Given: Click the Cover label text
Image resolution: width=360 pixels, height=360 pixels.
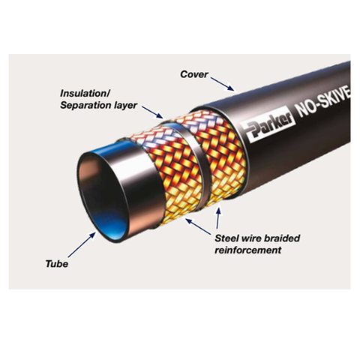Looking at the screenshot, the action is click(x=194, y=74).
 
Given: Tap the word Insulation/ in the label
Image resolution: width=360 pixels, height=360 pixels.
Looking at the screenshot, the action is click(x=85, y=94).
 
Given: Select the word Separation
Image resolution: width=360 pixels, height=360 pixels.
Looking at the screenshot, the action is click(x=85, y=105).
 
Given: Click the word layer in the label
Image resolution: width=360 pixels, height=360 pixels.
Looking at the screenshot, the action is click(x=126, y=105).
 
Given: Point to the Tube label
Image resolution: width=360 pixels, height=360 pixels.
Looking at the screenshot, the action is click(x=57, y=264).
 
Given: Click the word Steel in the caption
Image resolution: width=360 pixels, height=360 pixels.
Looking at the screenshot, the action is click(x=226, y=238).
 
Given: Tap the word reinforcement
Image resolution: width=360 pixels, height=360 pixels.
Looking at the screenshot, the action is click(x=248, y=250).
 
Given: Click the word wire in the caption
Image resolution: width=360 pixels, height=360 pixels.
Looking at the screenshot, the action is click(x=251, y=238).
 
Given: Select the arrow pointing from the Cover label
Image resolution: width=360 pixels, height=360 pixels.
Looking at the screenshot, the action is click(x=222, y=84).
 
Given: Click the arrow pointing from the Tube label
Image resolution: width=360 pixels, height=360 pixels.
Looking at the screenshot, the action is click(x=82, y=244).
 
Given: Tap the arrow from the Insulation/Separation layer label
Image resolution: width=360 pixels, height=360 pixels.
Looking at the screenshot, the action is click(x=152, y=112).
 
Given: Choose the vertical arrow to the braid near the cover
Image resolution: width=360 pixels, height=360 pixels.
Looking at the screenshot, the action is click(x=218, y=217).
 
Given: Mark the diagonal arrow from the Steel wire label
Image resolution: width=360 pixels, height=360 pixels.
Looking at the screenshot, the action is click(x=198, y=226).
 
